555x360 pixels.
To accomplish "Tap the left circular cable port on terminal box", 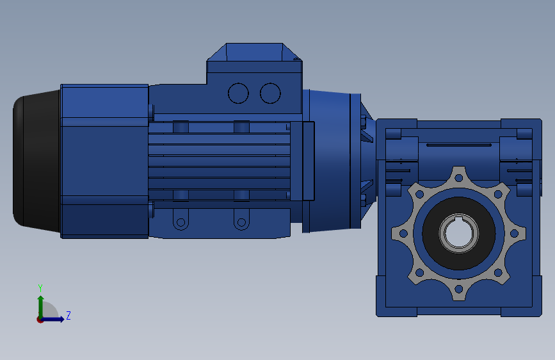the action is [x=238, y=93].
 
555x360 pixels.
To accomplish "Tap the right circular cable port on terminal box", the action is [x=270, y=93].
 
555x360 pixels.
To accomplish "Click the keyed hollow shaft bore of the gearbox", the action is [x=459, y=233].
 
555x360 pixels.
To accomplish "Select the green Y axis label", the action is [x=40, y=288].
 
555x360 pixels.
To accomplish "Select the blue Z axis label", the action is [x=68, y=315].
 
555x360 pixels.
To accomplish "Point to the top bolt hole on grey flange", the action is [x=459, y=178].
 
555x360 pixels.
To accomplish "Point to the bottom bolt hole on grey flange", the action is [x=459, y=289].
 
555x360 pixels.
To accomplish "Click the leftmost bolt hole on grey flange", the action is [x=403, y=234].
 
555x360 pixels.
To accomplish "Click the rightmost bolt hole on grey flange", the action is [x=514, y=234].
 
